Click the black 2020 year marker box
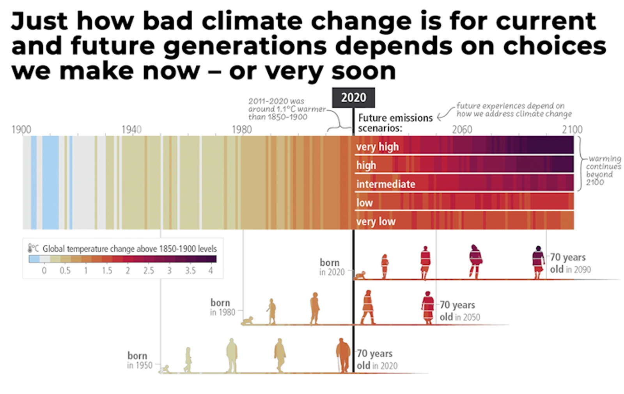[x=353, y=98]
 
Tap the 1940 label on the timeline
[x=131, y=130]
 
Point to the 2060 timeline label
[x=462, y=130]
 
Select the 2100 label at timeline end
[x=572, y=130]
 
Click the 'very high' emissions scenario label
[x=377, y=147]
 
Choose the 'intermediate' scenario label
[x=385, y=184]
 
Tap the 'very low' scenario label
[x=376, y=222]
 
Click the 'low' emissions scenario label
[x=364, y=203]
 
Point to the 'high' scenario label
[x=366, y=165]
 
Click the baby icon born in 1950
[x=166, y=369]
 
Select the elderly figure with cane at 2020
[x=343, y=355]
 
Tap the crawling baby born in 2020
[x=360, y=276]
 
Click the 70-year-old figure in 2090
[x=538, y=262]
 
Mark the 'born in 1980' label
[x=223, y=307]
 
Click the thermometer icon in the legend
[x=30, y=248]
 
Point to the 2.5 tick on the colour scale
[x=149, y=270]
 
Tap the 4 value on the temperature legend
[x=211, y=270]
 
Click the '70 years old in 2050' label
[x=459, y=311]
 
